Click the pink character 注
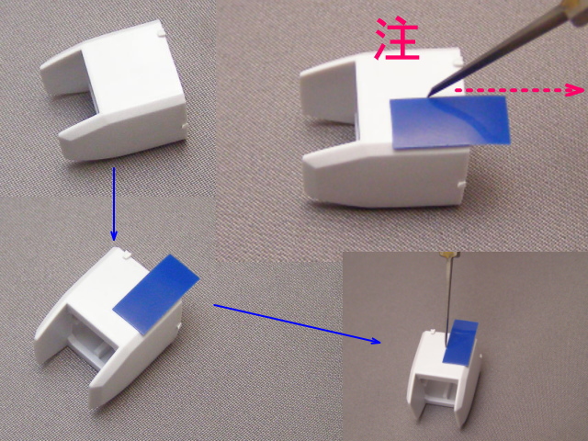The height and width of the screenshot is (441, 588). pyautogui.click(x=398, y=39)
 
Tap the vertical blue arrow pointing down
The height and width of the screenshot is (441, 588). pyautogui.click(x=114, y=204)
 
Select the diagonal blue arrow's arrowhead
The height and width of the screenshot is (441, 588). pyautogui.click(x=376, y=340)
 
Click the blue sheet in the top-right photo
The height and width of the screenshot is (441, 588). pyautogui.click(x=450, y=122)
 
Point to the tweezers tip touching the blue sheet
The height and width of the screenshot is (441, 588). pyautogui.click(x=431, y=95)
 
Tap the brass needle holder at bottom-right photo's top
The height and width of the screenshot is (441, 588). pyautogui.click(x=448, y=255)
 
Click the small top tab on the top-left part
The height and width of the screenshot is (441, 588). pyautogui.click(x=161, y=33)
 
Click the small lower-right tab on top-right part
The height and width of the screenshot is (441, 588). pyautogui.click(x=462, y=184)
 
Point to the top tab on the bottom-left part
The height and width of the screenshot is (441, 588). pyautogui.click(x=127, y=254)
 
